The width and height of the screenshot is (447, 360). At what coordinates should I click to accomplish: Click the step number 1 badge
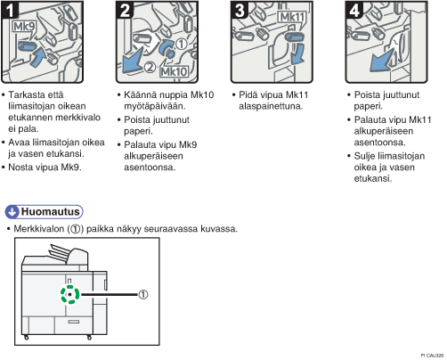click(x=10, y=10)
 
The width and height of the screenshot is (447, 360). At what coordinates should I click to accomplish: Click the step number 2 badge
click(x=125, y=10)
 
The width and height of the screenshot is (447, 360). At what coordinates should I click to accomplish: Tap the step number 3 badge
click(x=240, y=10)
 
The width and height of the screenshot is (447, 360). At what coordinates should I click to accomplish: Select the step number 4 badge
click(x=354, y=10)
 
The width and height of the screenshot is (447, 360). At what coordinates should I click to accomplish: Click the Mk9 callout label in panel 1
click(x=24, y=27)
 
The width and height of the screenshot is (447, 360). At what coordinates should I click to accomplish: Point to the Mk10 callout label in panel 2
click(x=174, y=71)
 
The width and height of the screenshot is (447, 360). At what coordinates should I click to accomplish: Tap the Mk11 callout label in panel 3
click(x=292, y=17)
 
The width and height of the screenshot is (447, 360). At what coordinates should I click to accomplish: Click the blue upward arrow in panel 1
click(x=38, y=57)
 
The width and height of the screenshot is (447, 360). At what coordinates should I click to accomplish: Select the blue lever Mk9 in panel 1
click(x=28, y=46)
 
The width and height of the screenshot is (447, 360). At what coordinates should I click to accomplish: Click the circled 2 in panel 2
click(x=150, y=67)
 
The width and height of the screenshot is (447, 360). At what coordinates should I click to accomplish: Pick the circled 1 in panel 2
click(x=182, y=44)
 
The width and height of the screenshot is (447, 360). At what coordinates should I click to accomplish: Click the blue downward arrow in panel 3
click(x=297, y=53)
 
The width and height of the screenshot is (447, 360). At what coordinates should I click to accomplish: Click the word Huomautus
click(x=50, y=211)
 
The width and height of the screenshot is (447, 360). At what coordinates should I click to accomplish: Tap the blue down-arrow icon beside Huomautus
click(x=12, y=212)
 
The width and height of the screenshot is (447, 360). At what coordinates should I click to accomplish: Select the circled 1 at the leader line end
click(x=143, y=295)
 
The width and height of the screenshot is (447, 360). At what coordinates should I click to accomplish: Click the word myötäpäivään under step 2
click(x=154, y=106)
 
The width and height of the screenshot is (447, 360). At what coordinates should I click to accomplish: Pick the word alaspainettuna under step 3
click(x=271, y=106)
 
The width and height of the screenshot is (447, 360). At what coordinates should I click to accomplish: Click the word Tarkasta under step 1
click(x=27, y=94)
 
